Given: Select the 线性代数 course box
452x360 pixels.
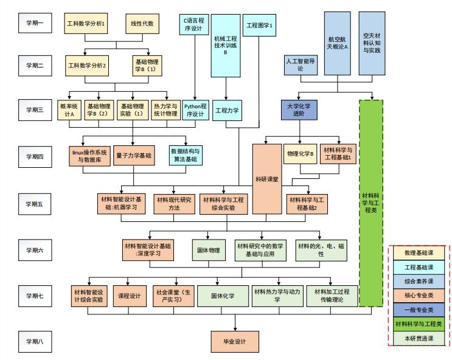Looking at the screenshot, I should click(142, 24).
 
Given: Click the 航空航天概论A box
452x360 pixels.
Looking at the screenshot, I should click(338, 43).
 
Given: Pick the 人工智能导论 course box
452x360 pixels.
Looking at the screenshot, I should click(300, 65).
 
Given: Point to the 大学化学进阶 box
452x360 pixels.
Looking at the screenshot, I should click(300, 109).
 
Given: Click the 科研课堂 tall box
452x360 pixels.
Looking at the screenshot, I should click(266, 179).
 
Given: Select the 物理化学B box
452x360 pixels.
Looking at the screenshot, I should click(300, 154).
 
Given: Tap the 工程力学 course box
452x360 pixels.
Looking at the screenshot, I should click(227, 111).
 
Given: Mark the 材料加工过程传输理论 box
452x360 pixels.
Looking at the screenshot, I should click(332, 296).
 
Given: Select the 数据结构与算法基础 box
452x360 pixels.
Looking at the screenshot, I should click(186, 155).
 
